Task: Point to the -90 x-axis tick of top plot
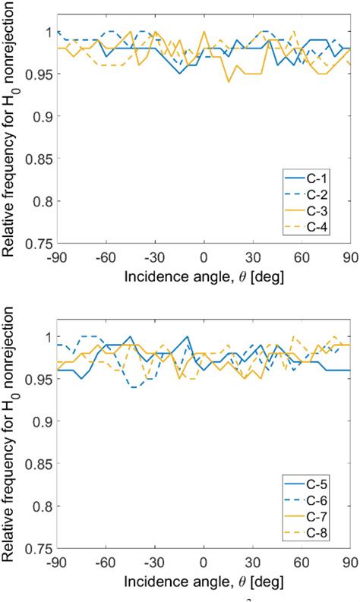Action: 58,257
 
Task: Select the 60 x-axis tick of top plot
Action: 302,257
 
